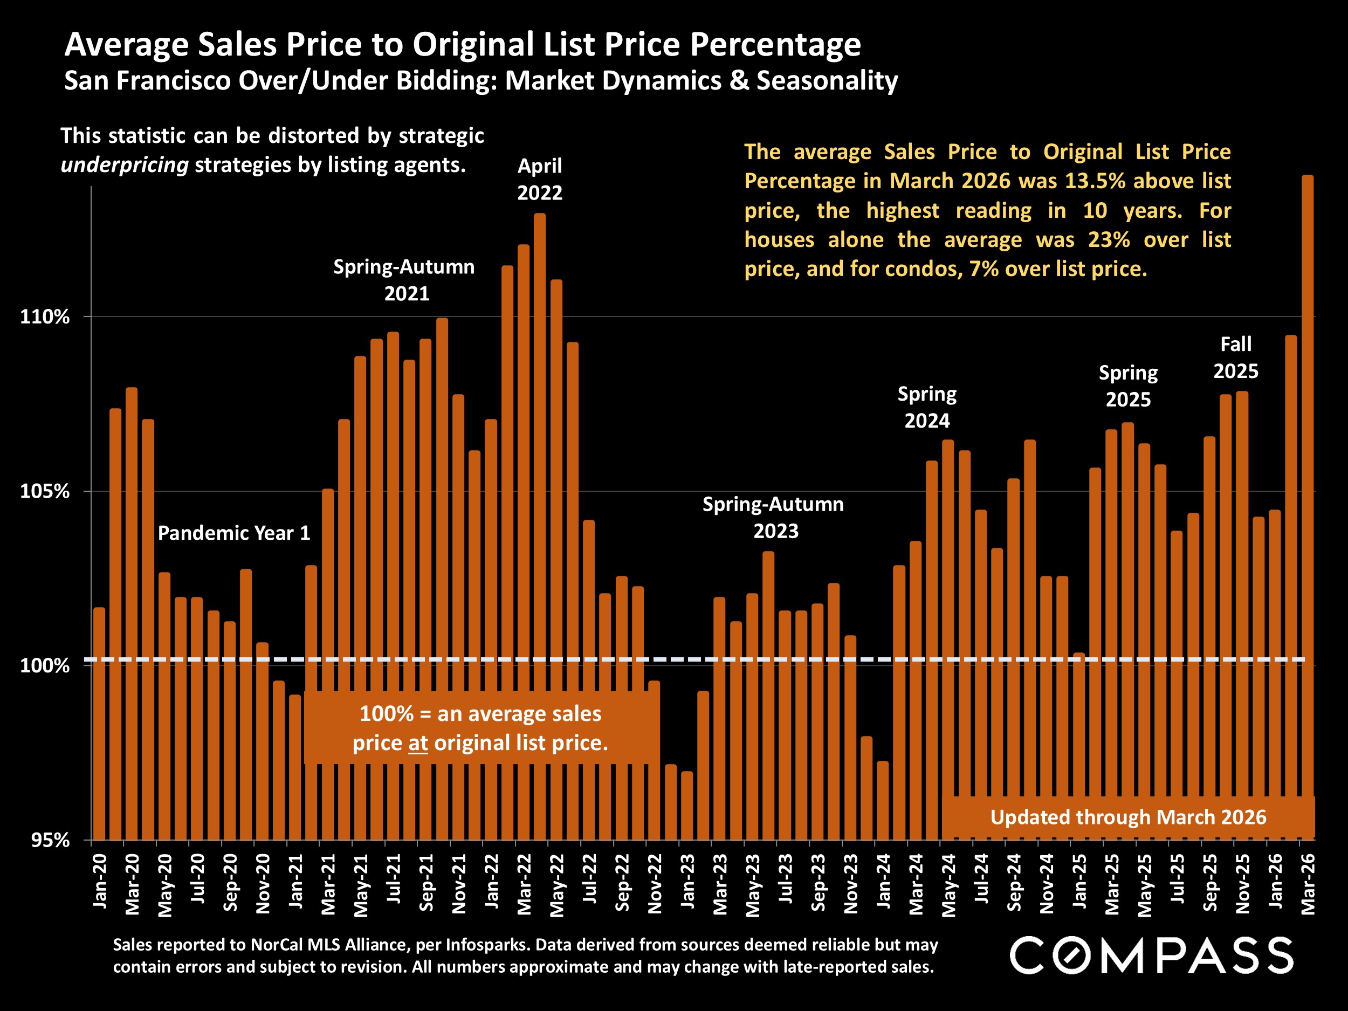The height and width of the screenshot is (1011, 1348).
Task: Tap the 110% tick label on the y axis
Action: point(45,317)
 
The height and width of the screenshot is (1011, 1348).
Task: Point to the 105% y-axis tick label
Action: point(45,491)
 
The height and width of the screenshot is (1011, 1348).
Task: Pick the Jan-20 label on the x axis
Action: point(99,881)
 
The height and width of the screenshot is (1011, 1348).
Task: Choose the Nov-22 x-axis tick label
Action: point(655,883)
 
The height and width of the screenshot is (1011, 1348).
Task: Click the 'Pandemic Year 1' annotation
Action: point(234,533)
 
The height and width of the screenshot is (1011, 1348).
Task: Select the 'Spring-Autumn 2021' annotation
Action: point(404,280)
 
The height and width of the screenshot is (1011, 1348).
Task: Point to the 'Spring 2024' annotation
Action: point(927,407)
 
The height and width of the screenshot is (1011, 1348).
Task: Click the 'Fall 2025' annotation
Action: point(1236,357)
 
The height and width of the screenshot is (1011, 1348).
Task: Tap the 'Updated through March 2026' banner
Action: point(1128,817)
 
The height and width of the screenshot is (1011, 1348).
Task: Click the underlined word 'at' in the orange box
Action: point(418,743)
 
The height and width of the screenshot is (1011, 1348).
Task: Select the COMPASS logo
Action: point(1151,955)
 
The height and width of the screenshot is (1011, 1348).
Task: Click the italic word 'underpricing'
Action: point(125,165)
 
